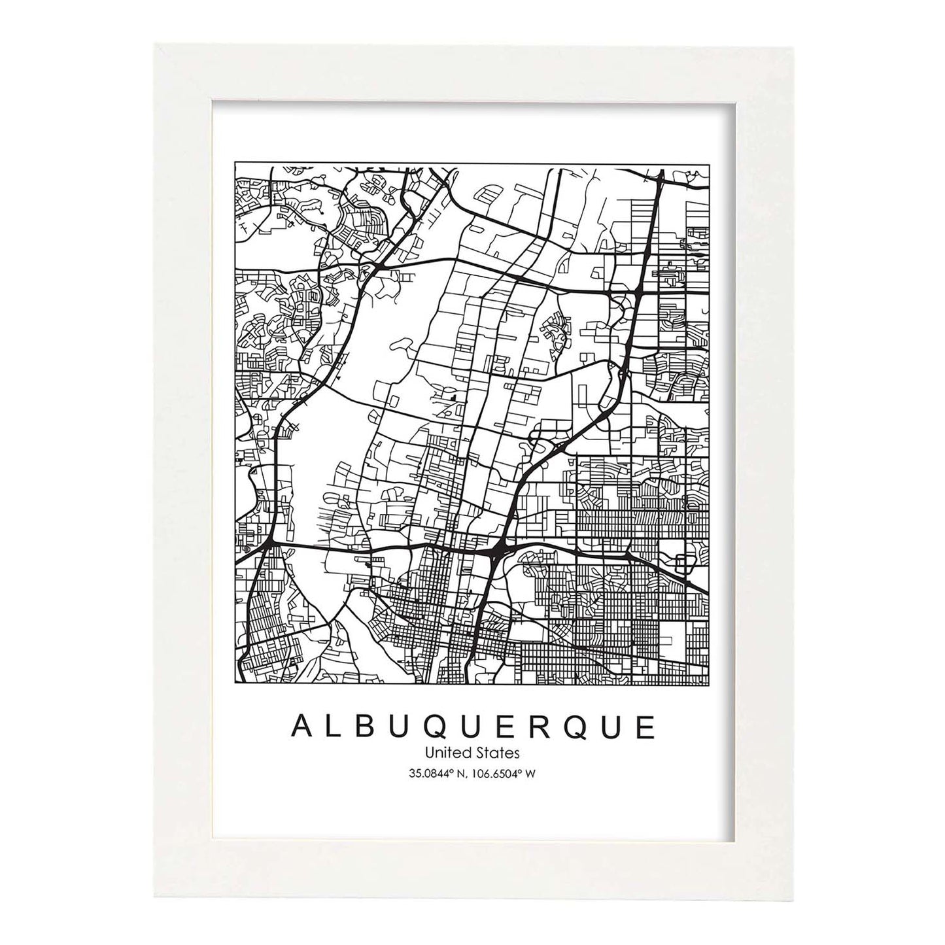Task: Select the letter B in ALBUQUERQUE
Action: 368,727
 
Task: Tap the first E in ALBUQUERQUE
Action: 506,727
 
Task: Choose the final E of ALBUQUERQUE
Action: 645,727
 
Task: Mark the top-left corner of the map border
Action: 234,161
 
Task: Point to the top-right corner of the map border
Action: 710,161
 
